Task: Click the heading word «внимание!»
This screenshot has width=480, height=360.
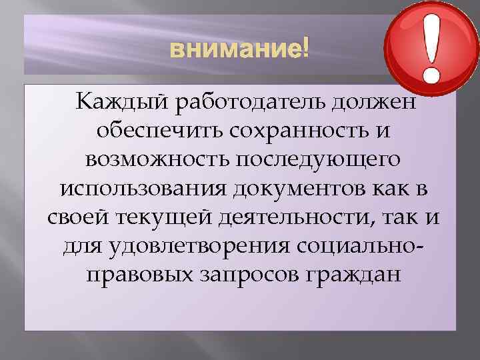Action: pos(239,49)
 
